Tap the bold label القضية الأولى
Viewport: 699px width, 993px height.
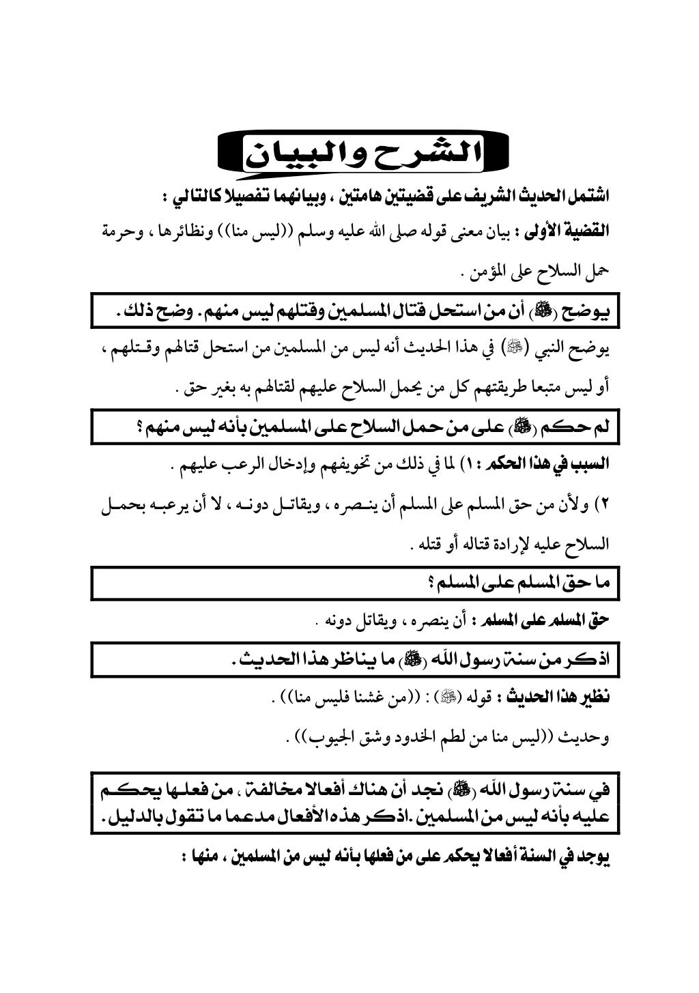(x=567, y=233)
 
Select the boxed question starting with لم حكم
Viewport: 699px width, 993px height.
(x=355, y=429)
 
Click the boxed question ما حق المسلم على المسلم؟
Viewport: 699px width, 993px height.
(x=355, y=583)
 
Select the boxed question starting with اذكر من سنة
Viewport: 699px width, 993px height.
(x=355, y=660)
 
